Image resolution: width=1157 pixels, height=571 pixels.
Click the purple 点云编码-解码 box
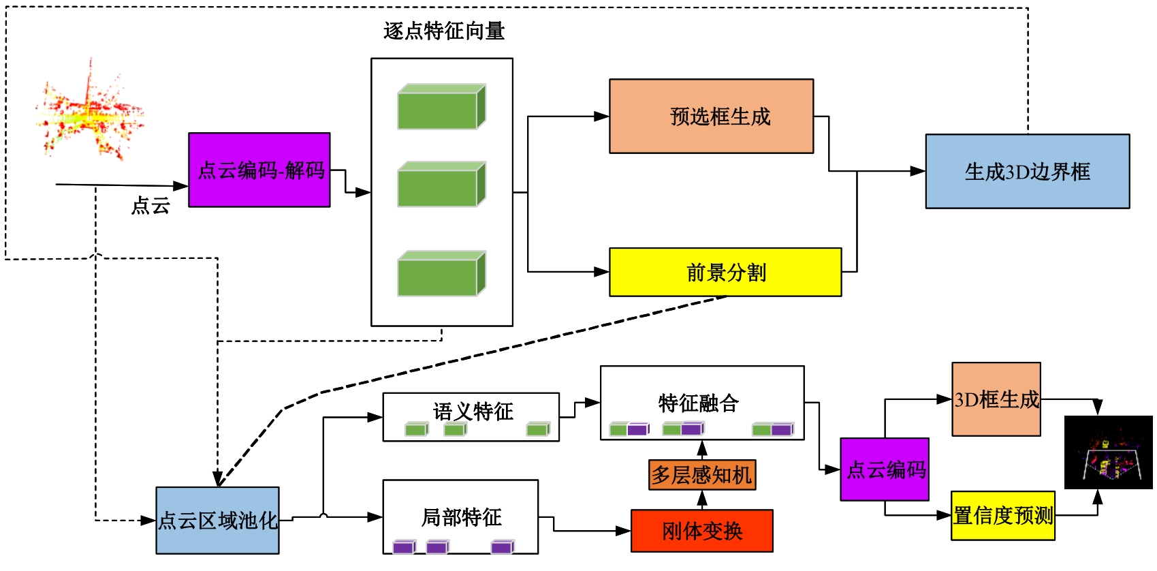coord(259,170)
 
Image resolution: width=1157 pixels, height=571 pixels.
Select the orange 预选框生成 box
coord(711,117)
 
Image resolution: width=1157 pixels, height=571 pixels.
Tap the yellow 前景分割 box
coord(725,273)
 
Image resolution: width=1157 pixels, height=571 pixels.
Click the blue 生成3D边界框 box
coord(1027,172)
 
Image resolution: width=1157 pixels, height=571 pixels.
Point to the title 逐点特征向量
coord(444,31)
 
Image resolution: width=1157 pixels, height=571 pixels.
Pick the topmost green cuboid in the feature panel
coord(441,107)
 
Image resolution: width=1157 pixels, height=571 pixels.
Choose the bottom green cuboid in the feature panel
coord(441,274)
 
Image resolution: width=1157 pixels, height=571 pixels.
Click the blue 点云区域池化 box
coord(217,521)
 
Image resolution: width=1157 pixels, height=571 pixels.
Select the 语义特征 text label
coord(473,411)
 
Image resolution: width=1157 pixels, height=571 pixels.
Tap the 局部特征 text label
coord(461,517)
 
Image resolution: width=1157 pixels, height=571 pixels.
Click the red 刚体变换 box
coord(702,531)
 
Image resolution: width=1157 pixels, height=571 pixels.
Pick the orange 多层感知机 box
coord(702,475)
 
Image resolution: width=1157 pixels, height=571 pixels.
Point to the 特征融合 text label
coord(698,403)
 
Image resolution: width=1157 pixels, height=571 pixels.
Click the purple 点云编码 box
coord(885,469)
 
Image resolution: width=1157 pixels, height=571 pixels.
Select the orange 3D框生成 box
coord(996,399)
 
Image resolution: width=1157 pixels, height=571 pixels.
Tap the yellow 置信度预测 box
coord(1002,516)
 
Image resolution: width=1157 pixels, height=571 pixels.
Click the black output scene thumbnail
coord(1108,452)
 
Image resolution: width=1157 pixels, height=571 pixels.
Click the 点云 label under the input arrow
coord(150,206)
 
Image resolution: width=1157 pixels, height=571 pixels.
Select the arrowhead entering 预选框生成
coord(601,117)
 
